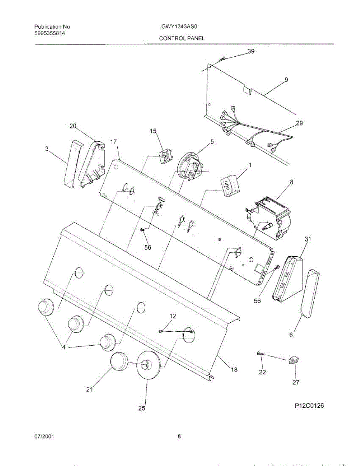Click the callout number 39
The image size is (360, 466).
click(251, 52)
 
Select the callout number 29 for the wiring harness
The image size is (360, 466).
click(299, 123)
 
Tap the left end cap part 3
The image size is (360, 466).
click(72, 165)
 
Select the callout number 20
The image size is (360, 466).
click(73, 126)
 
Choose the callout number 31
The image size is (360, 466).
click(308, 240)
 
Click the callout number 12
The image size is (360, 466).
click(173, 316)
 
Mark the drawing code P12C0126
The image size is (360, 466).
click(309, 406)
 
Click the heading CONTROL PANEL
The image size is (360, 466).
click(181, 38)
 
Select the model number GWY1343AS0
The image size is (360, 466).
click(181, 27)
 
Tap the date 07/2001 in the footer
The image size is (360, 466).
click(44, 436)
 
